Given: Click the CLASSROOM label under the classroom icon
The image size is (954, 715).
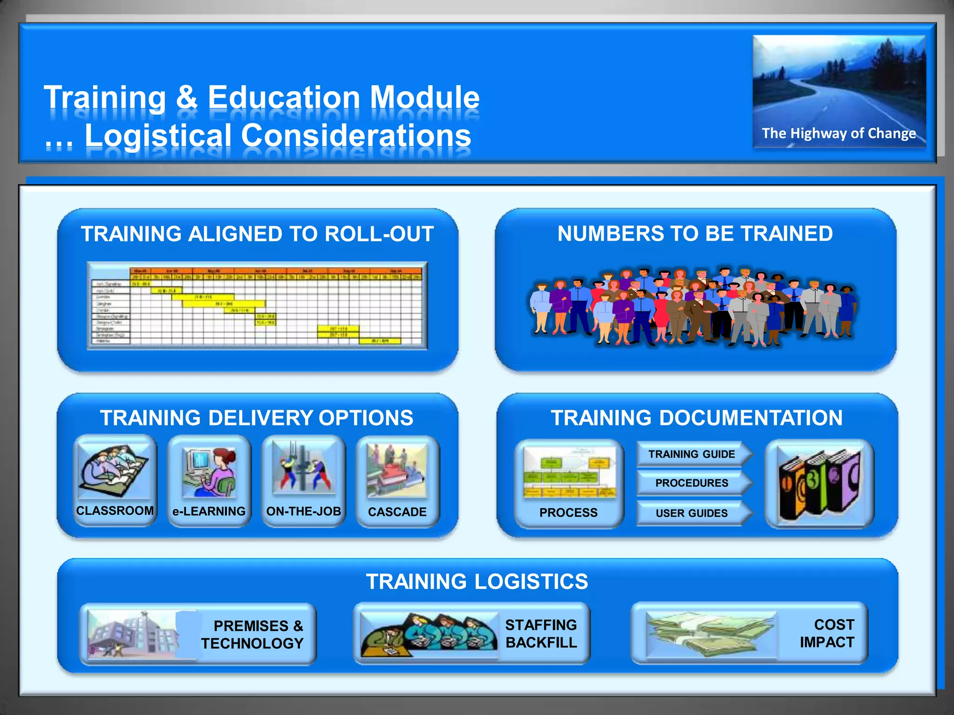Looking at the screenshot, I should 115,511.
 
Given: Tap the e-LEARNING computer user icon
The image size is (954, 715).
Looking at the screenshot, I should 209,472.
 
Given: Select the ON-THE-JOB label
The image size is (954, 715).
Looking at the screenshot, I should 303,511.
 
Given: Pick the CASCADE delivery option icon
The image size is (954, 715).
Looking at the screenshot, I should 397,471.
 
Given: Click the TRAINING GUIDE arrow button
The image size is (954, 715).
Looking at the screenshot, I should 692,454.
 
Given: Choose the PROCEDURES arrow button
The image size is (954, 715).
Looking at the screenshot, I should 692,483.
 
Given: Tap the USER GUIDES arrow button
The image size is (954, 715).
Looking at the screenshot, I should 692,513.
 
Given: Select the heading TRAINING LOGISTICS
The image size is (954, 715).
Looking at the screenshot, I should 477,581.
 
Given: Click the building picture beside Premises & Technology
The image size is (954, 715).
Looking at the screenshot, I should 135,634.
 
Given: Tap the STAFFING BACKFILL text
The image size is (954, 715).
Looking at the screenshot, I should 541,634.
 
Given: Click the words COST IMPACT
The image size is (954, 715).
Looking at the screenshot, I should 827,633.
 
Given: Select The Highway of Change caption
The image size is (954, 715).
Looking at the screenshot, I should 839,134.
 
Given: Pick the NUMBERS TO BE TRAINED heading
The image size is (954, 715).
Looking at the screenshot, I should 695,234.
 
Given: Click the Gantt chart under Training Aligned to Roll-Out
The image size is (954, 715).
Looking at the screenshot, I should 257,306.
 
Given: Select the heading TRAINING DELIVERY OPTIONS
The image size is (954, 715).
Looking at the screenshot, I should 257,418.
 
